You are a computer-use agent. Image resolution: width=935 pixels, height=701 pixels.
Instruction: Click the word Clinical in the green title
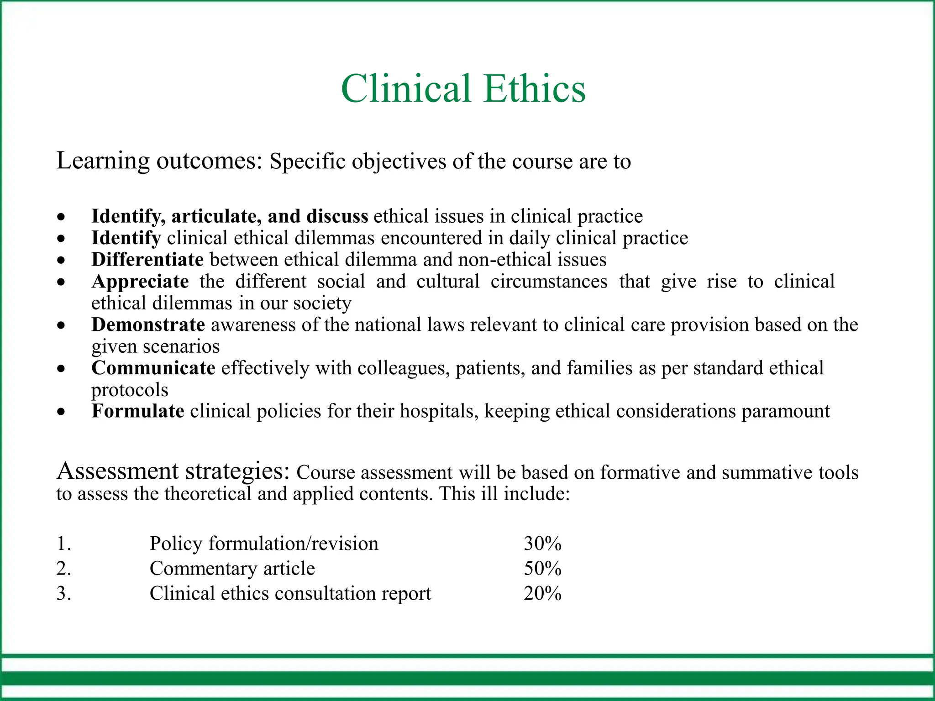coord(406,89)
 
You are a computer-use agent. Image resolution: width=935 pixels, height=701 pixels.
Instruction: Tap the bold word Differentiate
coord(147,260)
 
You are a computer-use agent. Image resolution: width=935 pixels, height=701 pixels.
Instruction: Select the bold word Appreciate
coord(140,282)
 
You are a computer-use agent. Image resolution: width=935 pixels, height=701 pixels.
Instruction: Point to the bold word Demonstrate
coord(148,325)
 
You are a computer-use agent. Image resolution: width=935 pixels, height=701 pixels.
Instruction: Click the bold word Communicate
coord(153,368)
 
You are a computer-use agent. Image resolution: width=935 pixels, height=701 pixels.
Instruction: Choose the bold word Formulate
coord(137,411)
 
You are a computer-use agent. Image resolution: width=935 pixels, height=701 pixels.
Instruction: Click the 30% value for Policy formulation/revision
coord(542,544)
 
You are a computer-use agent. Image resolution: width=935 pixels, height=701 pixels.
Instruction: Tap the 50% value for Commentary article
coord(542,569)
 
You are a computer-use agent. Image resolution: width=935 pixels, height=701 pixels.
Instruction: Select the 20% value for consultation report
coord(542,594)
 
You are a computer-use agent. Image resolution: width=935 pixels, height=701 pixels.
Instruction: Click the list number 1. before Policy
coord(63,544)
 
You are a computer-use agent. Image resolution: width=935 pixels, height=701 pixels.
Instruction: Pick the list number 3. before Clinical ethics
coord(63,594)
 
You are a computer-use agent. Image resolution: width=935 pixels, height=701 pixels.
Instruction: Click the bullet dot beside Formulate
coord(61,412)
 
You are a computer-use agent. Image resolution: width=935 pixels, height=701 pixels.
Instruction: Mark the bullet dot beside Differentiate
coord(61,261)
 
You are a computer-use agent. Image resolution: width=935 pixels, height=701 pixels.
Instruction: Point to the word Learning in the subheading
coord(103,161)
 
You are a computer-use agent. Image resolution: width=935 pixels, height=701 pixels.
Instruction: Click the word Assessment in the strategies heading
coord(117,471)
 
